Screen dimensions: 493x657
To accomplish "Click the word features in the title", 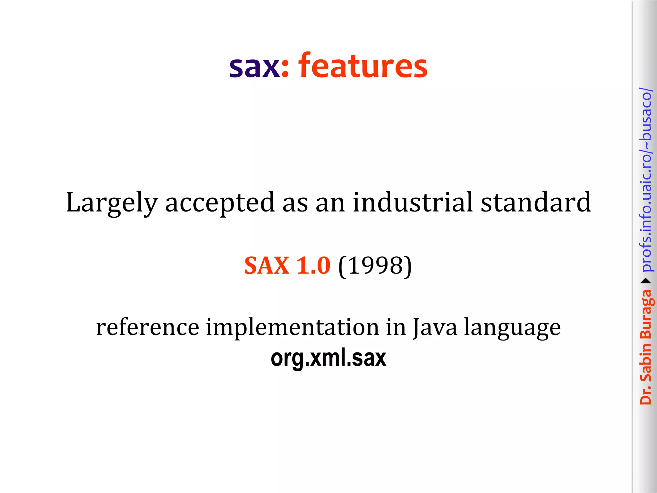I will point(363,66).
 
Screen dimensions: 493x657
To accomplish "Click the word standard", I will point(535,202).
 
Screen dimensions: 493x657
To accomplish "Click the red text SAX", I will point(267,266).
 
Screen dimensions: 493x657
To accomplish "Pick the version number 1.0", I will point(313,266).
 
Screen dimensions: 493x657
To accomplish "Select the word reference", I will point(148,327).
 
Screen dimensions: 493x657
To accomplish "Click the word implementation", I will point(292,327).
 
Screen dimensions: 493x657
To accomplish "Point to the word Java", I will point(435,327).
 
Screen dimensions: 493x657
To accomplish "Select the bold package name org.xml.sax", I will point(328,358).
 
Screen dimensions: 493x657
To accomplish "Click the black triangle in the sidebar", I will point(645,281).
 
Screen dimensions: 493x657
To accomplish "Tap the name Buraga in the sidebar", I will point(646,315).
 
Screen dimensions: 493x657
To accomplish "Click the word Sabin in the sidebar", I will point(645,362).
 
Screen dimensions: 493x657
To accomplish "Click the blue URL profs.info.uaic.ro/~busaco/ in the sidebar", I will point(645,180).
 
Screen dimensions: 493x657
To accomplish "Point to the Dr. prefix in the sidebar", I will point(645,395).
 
